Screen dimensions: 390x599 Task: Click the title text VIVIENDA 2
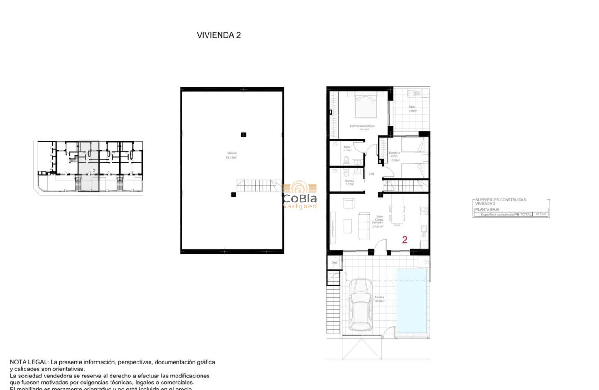pos(219,35)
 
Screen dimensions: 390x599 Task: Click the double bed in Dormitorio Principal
pos(365,106)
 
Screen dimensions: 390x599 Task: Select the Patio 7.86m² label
pos(412,109)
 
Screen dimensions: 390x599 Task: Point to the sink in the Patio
pos(411,94)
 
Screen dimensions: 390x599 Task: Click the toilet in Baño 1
pos(346,161)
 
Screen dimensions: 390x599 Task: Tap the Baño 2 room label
pos(343,182)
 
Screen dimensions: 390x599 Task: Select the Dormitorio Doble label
pos(394,156)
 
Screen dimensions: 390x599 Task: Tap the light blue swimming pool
pos(412,301)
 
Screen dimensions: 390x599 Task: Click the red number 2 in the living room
pos(404,240)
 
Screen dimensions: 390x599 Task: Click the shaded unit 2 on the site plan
pos(88,166)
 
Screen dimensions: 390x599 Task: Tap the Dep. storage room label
pos(334,263)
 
